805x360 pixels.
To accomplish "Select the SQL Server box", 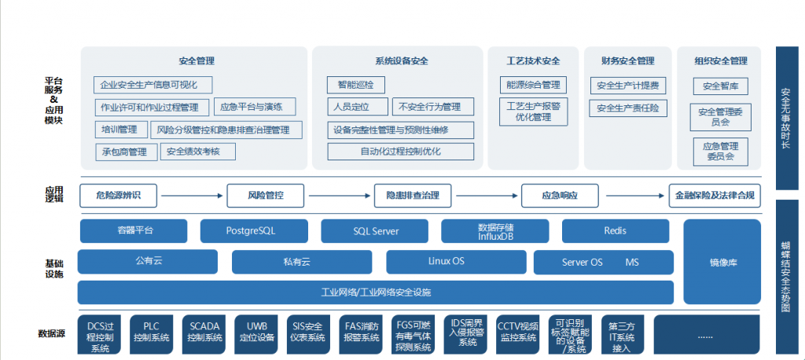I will coord(375,231).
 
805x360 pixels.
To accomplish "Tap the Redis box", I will coord(616,231).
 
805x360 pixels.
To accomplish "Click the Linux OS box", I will coord(446,262).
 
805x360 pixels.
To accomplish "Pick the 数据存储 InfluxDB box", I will coord(495,231).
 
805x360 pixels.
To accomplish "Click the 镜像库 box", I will coord(722,262).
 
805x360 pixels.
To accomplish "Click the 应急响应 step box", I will coord(560,195).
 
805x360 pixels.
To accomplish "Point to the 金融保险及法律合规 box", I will coord(715,195).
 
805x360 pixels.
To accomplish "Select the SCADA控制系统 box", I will coord(204,334).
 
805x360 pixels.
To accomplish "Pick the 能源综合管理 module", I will coord(533,85).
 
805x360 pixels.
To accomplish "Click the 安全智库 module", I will coord(720,86).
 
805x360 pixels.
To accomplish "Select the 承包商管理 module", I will coord(125,152).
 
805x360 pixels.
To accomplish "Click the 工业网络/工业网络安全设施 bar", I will coord(375,292).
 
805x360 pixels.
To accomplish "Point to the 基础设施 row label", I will coord(53,267).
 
